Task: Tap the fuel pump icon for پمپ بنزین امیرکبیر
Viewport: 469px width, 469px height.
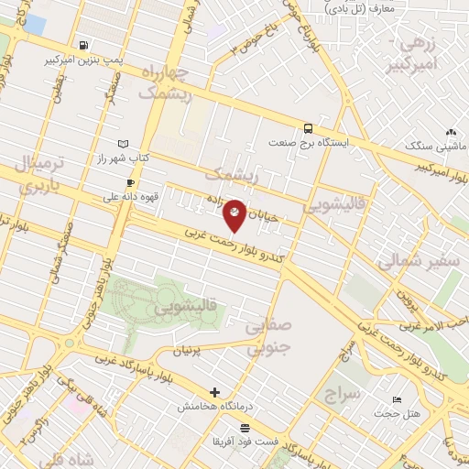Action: (84, 45)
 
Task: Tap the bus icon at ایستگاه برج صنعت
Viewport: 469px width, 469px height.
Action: (308, 128)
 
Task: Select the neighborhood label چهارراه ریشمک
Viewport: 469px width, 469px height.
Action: (166, 82)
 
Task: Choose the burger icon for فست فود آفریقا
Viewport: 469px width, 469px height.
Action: (245, 428)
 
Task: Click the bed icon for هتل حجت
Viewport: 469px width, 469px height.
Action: (396, 399)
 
